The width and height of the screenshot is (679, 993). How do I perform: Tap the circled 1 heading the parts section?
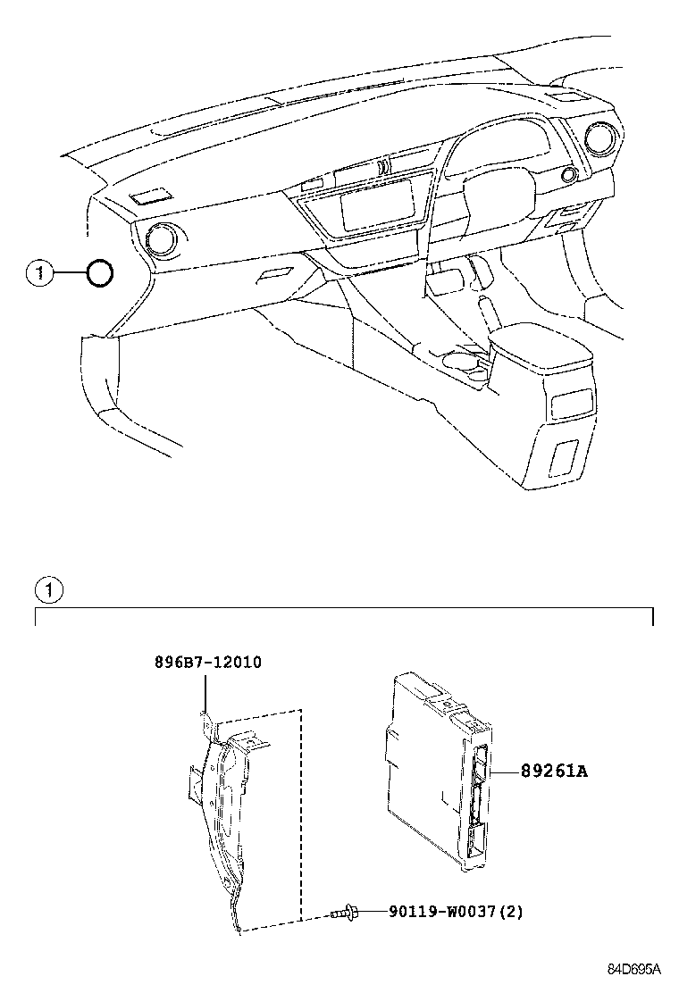pos(47,590)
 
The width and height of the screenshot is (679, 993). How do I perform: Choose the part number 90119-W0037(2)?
pos(456,912)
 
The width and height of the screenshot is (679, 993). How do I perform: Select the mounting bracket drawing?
pos(223,804)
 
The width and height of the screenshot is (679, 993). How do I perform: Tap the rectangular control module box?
pos(429,768)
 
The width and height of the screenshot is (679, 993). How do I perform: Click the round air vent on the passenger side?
pos(163,238)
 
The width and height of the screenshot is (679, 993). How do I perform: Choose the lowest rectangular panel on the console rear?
pos(565,456)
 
